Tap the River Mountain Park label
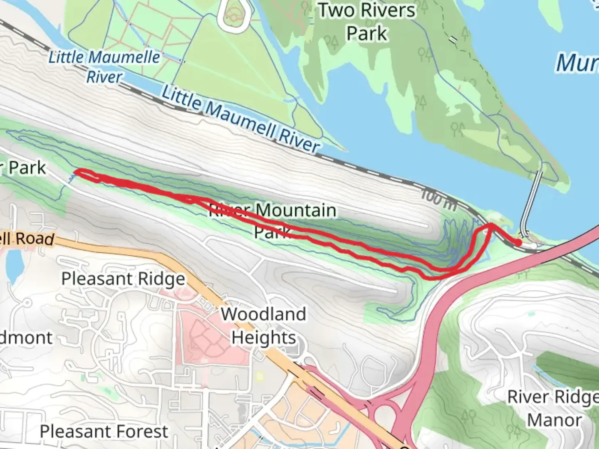click(x=273, y=220)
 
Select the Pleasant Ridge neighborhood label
click(x=123, y=279)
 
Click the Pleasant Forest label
click(x=104, y=432)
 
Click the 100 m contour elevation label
click(x=438, y=199)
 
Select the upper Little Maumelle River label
click(x=104, y=67)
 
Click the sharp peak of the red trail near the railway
click(x=491, y=225)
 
